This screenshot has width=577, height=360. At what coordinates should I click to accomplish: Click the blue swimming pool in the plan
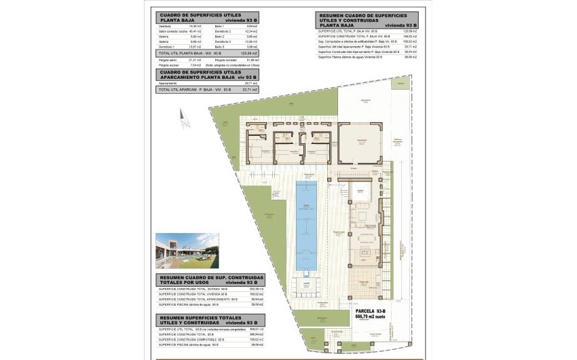tap(306, 218)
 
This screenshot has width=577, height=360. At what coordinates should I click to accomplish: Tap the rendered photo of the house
tap(187, 251)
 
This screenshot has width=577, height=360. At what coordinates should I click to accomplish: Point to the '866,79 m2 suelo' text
tap(371, 316)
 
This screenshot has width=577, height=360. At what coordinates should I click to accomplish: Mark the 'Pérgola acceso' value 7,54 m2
tap(196, 66)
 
